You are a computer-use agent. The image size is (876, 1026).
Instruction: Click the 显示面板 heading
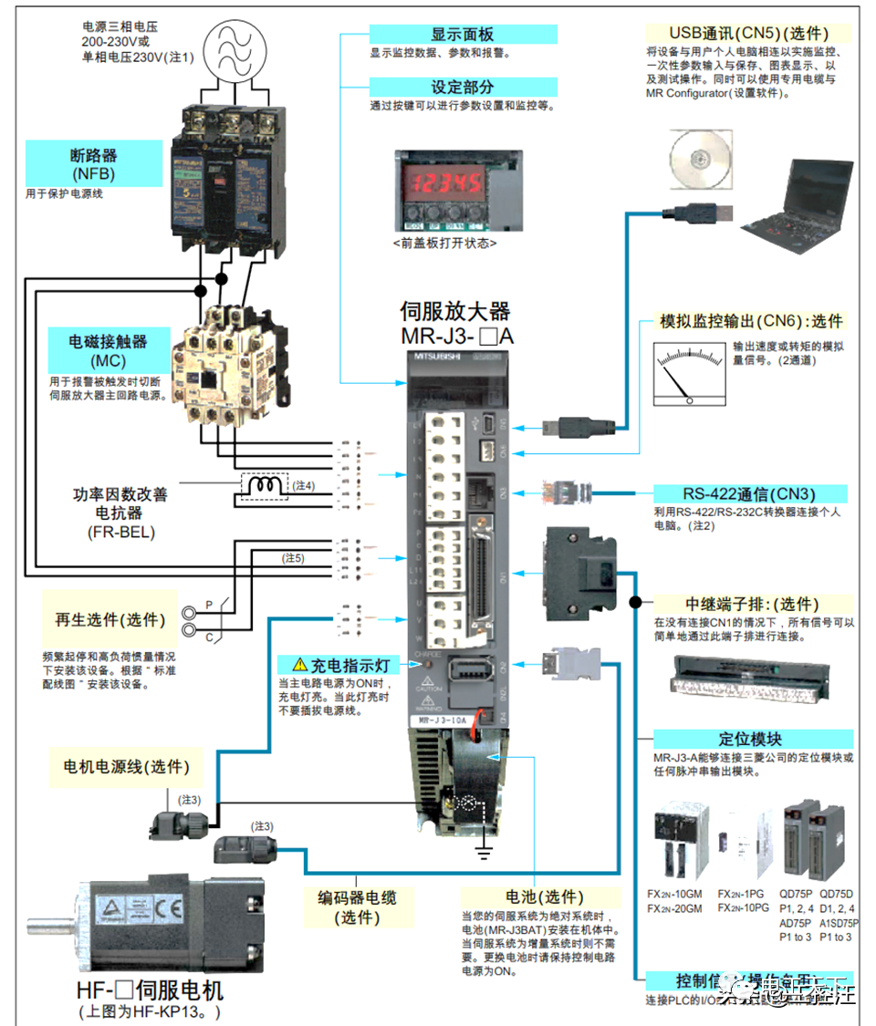coord(463,34)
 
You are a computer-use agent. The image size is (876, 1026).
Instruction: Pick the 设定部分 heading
coord(463,87)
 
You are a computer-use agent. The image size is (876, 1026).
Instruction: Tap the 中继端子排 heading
coord(752,604)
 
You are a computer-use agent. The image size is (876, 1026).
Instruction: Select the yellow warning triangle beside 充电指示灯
coord(299,665)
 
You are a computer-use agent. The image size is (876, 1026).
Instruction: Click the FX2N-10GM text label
coord(674,895)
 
